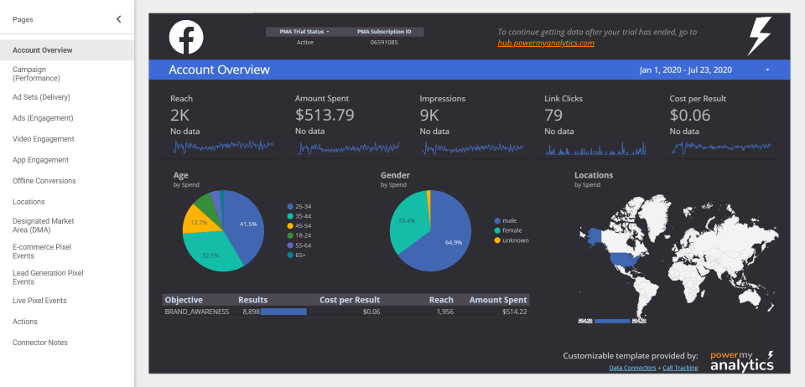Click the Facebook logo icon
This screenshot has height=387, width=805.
(186, 38)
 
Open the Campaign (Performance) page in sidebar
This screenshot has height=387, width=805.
(36, 74)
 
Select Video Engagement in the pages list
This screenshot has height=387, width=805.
(44, 139)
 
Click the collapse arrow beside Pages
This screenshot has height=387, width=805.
(118, 18)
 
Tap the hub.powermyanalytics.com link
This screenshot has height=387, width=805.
(546, 43)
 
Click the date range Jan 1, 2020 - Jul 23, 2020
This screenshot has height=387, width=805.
(686, 70)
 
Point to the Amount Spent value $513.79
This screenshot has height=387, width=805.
(325, 116)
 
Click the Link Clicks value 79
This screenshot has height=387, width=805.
(553, 116)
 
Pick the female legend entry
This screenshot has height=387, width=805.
(511, 230)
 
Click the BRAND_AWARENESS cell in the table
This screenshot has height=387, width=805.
(197, 312)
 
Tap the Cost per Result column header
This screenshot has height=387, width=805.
(350, 300)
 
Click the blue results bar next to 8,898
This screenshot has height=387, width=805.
(283, 312)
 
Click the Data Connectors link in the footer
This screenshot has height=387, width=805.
(632, 368)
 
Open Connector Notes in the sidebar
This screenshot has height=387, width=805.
(40, 343)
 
